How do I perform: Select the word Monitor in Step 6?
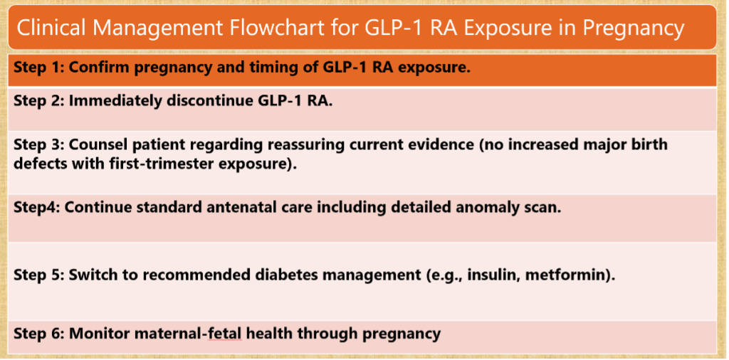point(97,333)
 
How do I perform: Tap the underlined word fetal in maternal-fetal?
point(225,333)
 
